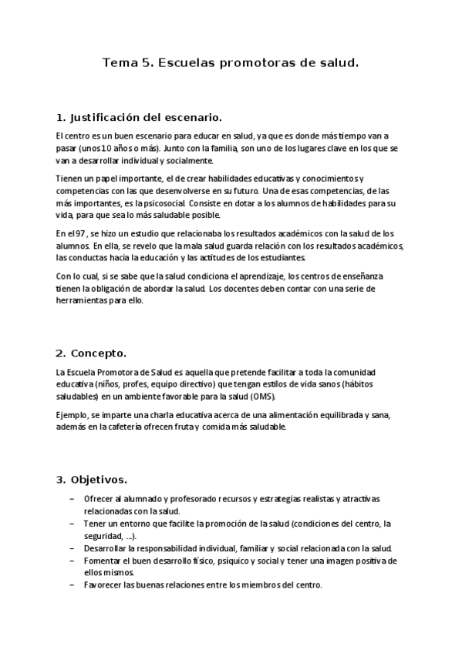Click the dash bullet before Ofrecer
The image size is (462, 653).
click(x=72, y=499)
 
